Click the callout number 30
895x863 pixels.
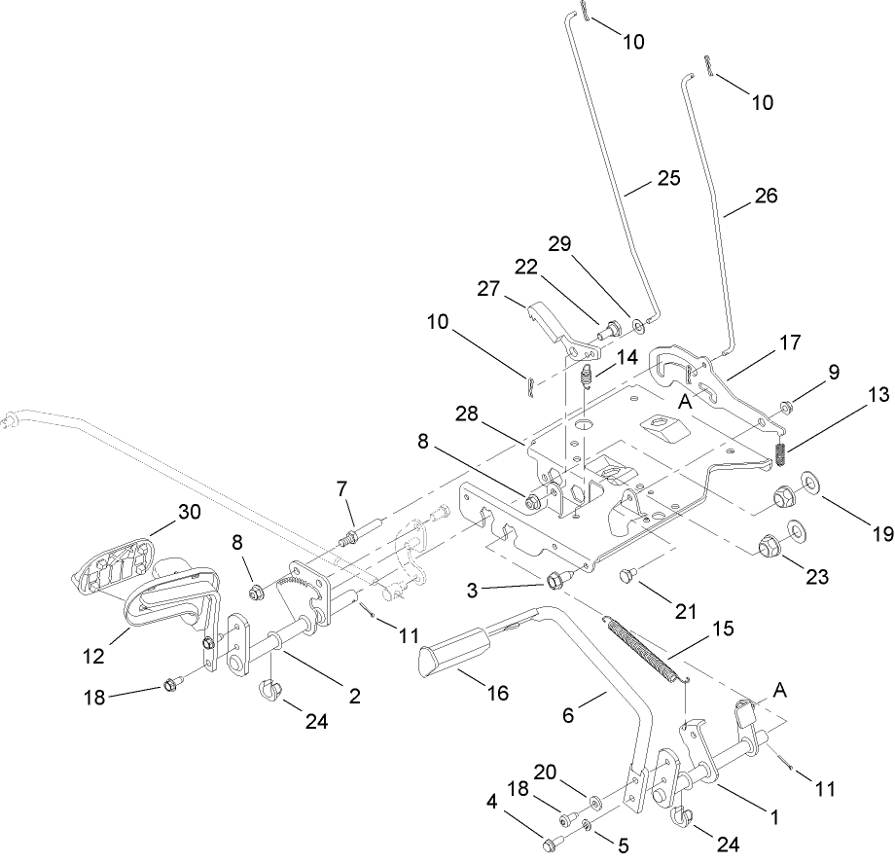(191, 512)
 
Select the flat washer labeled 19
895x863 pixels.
(806, 483)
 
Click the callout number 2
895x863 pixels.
(354, 696)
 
